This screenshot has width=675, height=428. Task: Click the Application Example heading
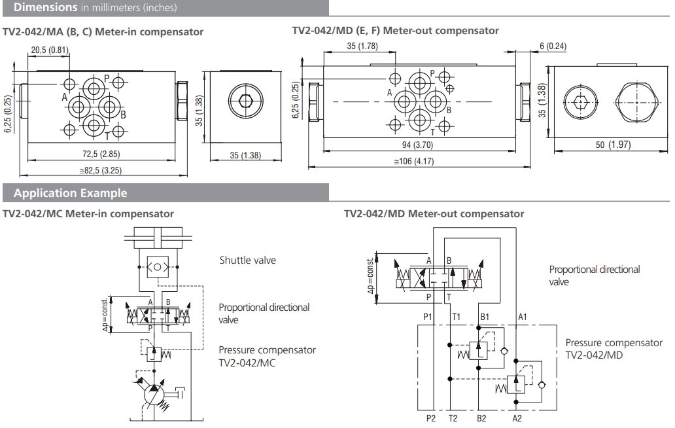(x=71, y=193)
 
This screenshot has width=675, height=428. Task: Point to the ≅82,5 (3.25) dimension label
(x=101, y=170)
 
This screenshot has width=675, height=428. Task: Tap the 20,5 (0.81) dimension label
(x=50, y=50)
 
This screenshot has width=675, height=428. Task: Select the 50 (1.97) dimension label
(x=604, y=145)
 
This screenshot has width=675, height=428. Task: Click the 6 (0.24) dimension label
(x=553, y=46)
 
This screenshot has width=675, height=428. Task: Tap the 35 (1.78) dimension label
(x=362, y=46)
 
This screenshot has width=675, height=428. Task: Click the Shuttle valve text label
(x=247, y=260)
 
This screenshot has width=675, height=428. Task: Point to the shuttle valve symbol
(x=158, y=266)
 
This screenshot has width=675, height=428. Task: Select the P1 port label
(x=428, y=317)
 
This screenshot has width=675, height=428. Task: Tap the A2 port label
(x=517, y=418)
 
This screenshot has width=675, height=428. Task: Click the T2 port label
(x=453, y=418)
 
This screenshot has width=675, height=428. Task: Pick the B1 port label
(x=485, y=317)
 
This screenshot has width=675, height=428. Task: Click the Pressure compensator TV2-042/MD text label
(x=613, y=348)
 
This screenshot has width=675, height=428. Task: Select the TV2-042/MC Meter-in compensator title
(x=88, y=214)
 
